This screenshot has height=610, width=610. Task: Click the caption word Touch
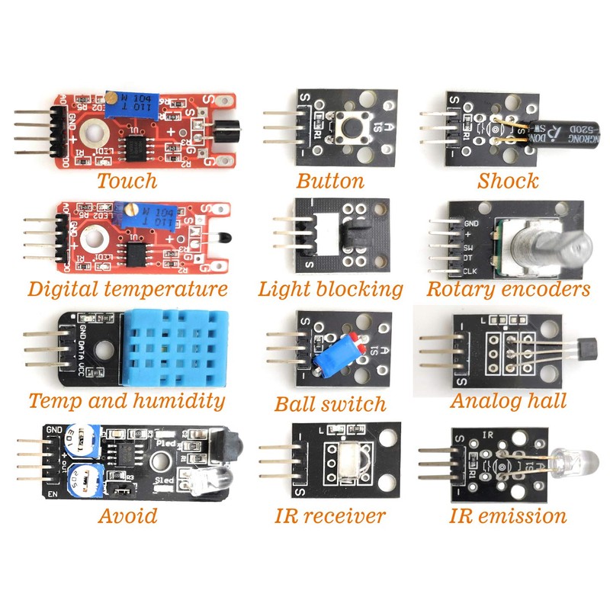(127, 181)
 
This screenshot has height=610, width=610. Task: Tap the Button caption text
(330, 181)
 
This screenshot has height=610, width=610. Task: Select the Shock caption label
(507, 181)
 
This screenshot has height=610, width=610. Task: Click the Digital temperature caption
(127, 289)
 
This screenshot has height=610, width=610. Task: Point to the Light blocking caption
(330, 289)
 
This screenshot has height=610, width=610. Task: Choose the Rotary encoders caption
(508, 289)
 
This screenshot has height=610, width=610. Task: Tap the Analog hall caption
(508, 400)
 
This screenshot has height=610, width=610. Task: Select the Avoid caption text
(127, 515)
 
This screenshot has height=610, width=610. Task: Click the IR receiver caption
(330, 515)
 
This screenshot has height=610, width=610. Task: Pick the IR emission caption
(508, 515)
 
